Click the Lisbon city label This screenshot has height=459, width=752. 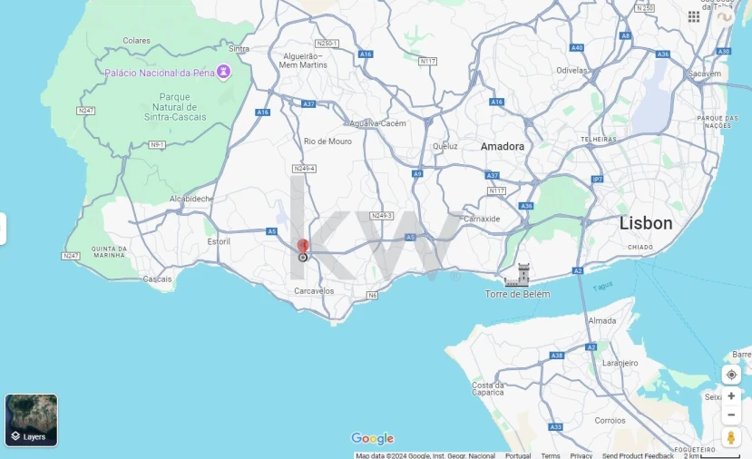click(x=646, y=223)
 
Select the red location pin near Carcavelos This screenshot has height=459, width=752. click(x=303, y=247)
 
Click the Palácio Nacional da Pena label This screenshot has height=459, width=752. click(x=160, y=73)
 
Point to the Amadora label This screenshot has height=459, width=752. click(x=503, y=146)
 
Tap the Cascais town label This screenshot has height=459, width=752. click(x=157, y=278)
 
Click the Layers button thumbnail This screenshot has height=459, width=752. click(x=32, y=420)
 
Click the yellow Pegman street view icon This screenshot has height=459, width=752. click(x=731, y=438)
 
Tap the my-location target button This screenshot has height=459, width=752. click(x=731, y=375)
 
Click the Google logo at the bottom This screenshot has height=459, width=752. click(x=372, y=439)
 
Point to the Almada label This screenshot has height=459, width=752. click(x=602, y=321)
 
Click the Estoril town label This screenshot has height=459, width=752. click(x=219, y=241)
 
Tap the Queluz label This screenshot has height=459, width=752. click(x=445, y=145)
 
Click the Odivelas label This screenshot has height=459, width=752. click(x=572, y=70)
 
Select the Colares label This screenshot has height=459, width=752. click(x=136, y=41)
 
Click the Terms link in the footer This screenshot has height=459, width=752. click(x=551, y=455)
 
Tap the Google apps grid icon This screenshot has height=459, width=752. click(x=694, y=16)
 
